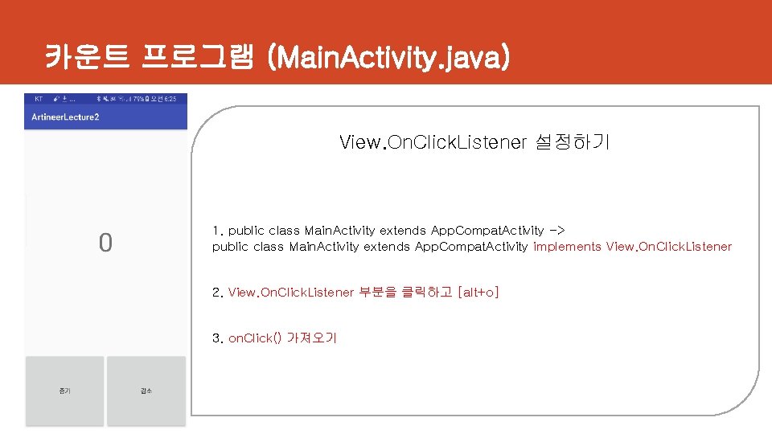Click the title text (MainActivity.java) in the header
[x=391, y=57]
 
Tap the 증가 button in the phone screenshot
[x=64, y=391]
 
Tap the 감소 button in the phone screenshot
[x=146, y=391]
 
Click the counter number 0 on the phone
[x=105, y=243]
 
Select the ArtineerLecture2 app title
[x=65, y=117]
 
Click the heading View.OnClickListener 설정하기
[x=474, y=143]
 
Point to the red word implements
[x=567, y=247]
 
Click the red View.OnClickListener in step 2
[x=290, y=293]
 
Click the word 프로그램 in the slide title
[x=196, y=57]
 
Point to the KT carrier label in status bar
[x=38, y=98]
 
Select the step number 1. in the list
[x=217, y=231]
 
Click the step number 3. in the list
[x=217, y=338]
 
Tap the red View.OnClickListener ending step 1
[x=669, y=247]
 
